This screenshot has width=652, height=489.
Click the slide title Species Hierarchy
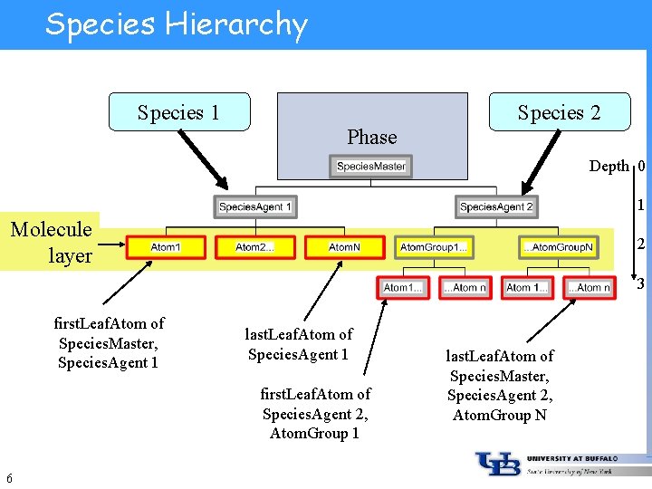point(177,24)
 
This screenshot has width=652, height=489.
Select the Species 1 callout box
point(178,112)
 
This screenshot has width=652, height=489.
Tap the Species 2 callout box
point(559,112)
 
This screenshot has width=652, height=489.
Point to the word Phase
point(371,137)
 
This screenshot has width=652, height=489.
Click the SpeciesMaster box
point(371,167)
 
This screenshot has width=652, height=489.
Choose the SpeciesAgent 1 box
point(255,207)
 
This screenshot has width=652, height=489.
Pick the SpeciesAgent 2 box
point(496,207)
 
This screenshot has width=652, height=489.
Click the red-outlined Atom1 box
point(166,246)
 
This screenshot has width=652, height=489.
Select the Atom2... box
point(254,246)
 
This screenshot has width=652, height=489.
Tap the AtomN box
point(344,246)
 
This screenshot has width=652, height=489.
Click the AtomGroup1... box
point(434,246)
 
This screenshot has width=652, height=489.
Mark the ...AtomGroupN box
point(558,246)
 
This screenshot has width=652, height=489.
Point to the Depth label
point(609,166)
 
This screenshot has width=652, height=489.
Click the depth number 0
point(641,166)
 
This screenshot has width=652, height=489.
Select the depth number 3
point(640,284)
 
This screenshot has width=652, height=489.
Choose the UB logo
point(498,465)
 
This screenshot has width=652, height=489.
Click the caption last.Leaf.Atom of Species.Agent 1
point(298,344)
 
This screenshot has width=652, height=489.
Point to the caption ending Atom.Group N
point(499,386)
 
